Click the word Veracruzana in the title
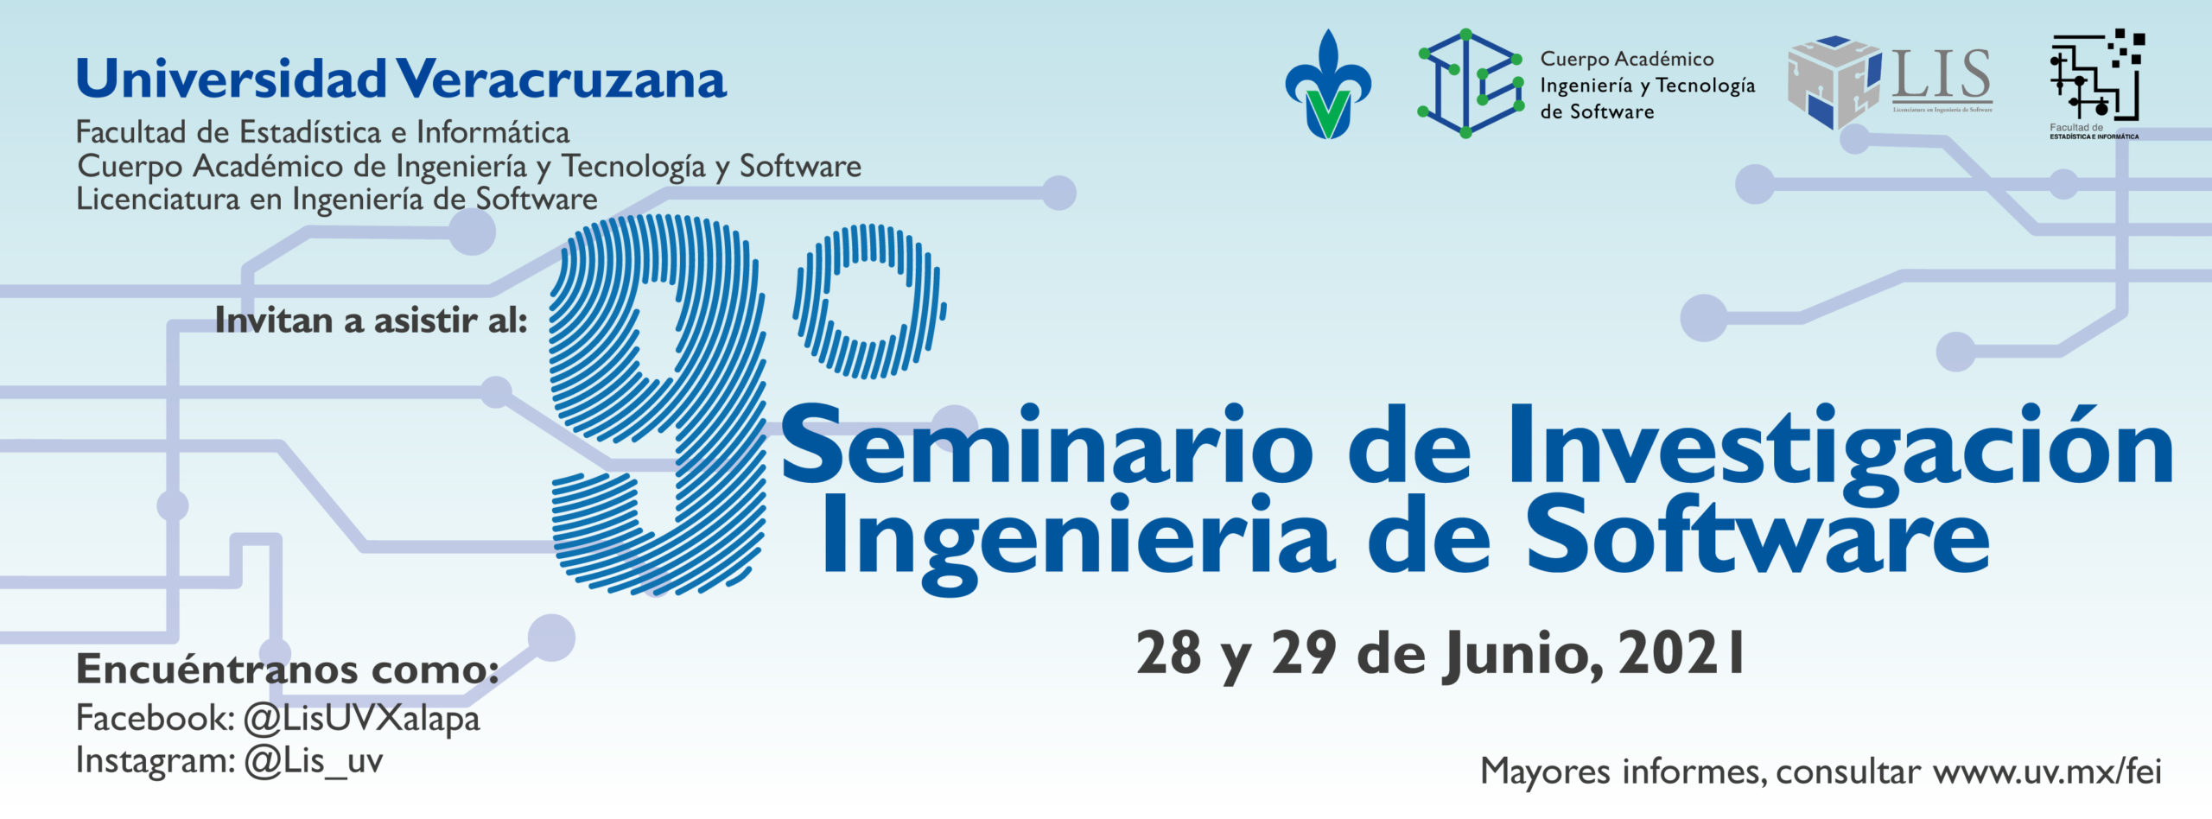point(562,79)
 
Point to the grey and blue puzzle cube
point(1834,83)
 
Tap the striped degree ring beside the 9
point(869,302)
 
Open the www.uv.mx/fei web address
point(2048,771)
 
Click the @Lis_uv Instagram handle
point(314,762)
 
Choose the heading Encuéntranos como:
point(288,669)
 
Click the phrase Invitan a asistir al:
point(372,321)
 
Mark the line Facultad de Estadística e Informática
point(323,132)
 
